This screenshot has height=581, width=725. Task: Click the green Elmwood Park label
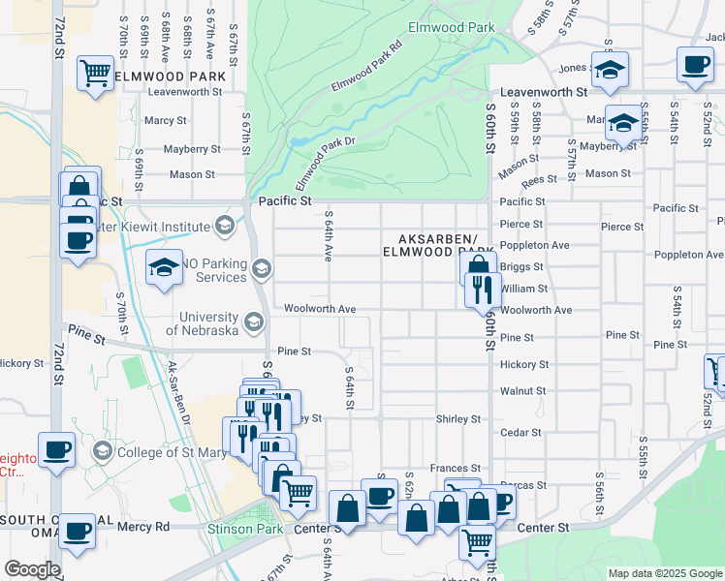coord(451,29)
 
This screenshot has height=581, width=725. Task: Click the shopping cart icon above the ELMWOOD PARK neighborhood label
coord(96,72)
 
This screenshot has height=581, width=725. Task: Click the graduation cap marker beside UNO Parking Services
coord(165,267)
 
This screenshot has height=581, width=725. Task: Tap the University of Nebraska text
coord(202,323)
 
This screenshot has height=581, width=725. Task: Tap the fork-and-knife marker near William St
coord(482,288)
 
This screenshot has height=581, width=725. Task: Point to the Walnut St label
coord(523,391)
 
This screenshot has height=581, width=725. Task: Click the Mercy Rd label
coord(142,527)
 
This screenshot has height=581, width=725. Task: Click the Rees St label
coord(539,180)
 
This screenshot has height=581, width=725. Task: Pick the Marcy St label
coord(165,121)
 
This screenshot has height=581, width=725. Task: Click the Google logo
coord(32,569)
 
